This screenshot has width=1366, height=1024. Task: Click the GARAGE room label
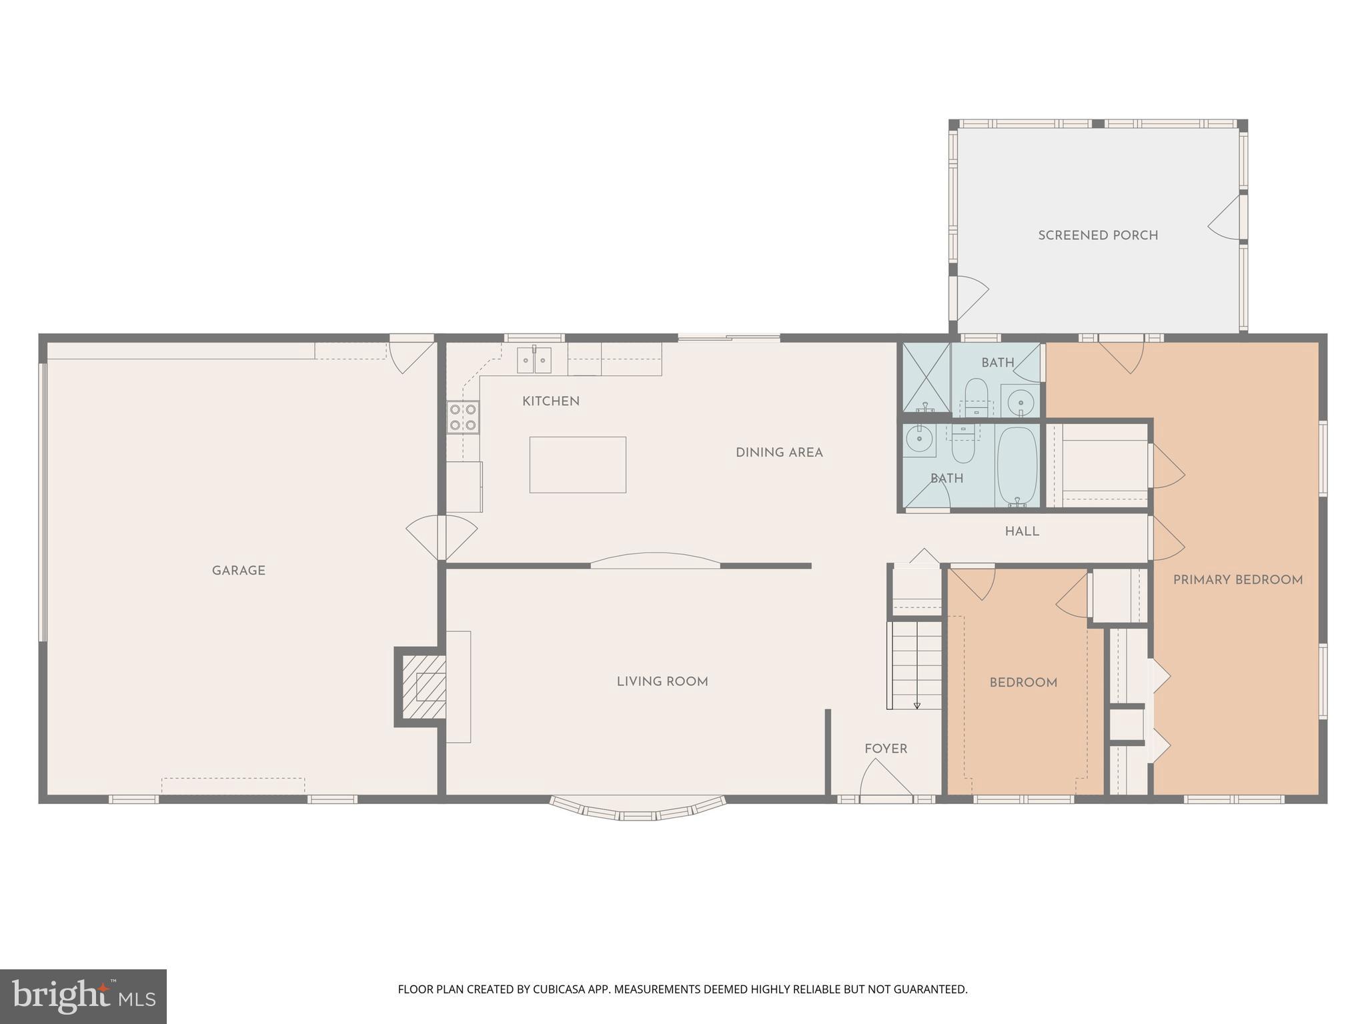[239, 571]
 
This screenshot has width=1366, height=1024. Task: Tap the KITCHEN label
[550, 401]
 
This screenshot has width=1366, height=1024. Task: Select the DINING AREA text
[779, 453]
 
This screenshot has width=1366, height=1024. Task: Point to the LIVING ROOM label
[662, 681]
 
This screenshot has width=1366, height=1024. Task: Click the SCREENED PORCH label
[1098, 235]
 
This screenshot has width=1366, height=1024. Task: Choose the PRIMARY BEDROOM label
[1237, 580]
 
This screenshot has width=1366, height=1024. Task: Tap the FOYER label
[886, 749]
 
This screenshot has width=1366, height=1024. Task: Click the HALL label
[1022, 531]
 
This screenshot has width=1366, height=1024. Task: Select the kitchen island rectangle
[578, 465]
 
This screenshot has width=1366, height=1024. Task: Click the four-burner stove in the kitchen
[463, 417]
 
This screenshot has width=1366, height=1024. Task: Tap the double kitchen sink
[534, 360]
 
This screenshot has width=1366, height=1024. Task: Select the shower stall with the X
[926, 377]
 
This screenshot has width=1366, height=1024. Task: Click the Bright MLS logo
[83, 997]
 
